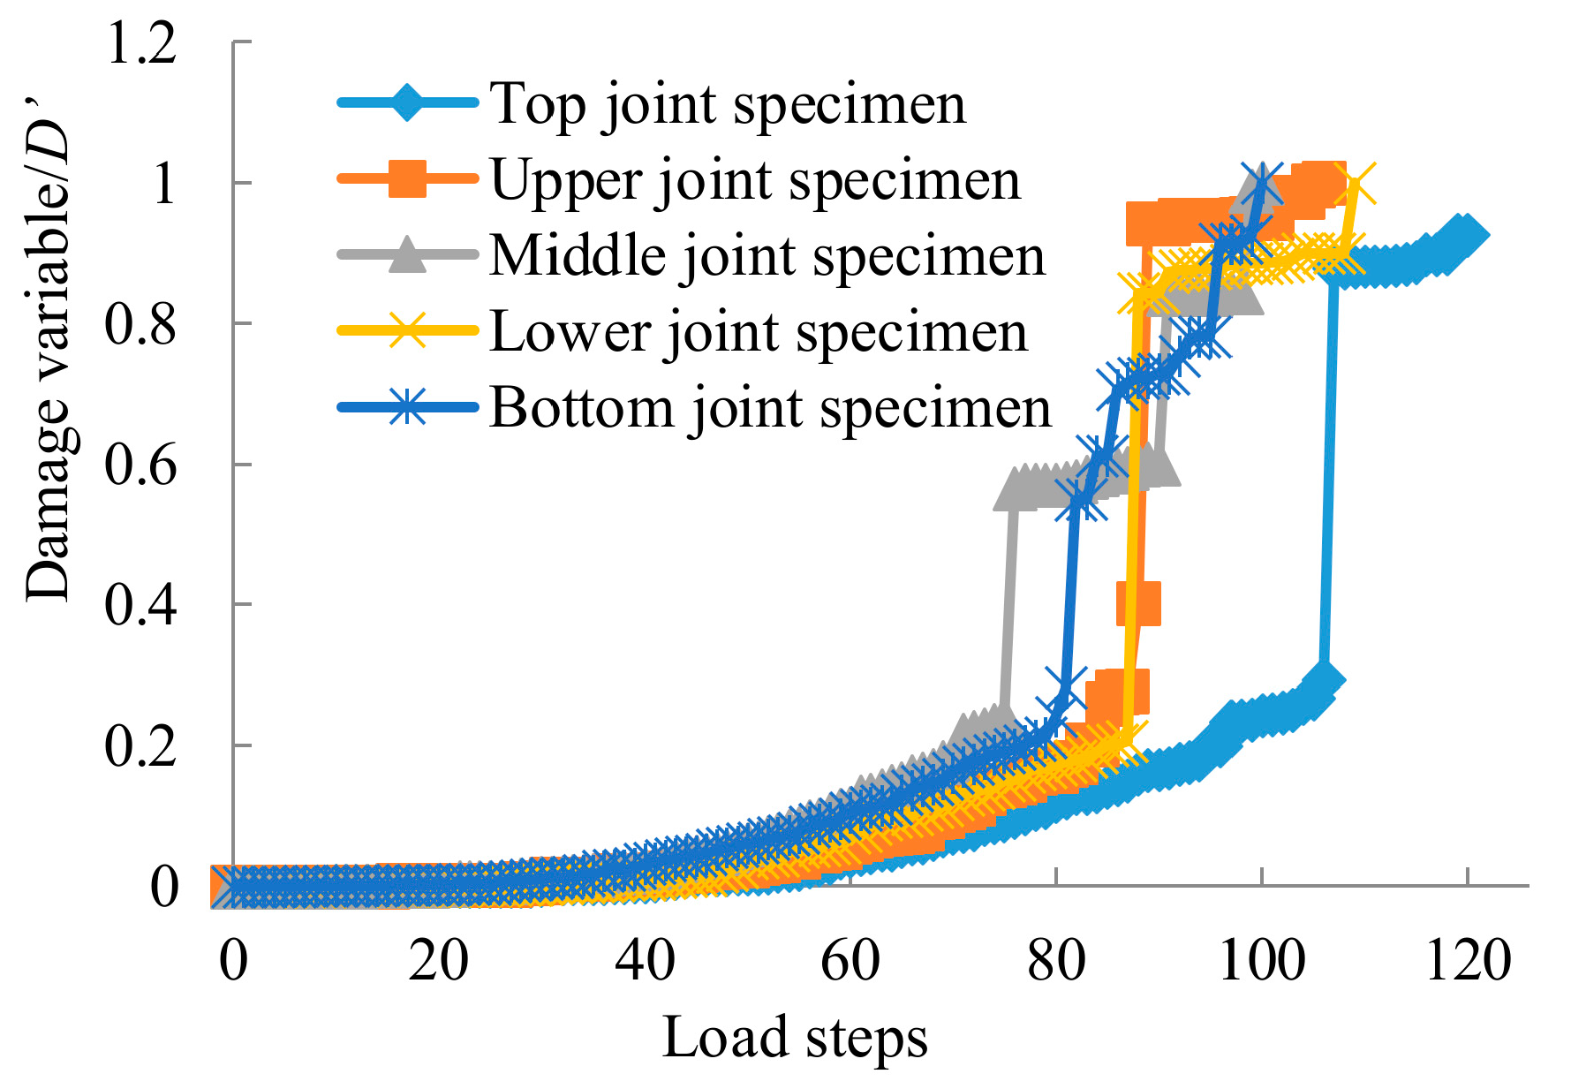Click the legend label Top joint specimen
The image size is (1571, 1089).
tap(728, 105)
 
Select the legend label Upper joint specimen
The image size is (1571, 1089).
tap(755, 181)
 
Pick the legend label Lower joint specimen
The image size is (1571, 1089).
tap(759, 333)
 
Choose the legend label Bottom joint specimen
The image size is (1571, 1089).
tap(771, 408)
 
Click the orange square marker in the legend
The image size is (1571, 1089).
tap(408, 179)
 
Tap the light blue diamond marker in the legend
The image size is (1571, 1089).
tap(408, 103)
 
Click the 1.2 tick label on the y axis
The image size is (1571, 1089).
tap(141, 42)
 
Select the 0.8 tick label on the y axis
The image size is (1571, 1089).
tap(141, 324)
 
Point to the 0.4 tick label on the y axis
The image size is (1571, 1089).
tap(141, 605)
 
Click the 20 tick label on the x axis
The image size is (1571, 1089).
tap(439, 961)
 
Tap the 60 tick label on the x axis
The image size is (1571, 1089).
tap(850, 961)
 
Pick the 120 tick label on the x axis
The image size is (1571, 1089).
tap(1468, 961)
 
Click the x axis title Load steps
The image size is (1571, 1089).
tap(795, 1037)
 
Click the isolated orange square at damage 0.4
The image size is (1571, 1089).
tap(1138, 603)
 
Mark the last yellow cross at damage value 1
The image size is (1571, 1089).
tap(1354, 185)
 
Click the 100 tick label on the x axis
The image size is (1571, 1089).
tap(1262, 961)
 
